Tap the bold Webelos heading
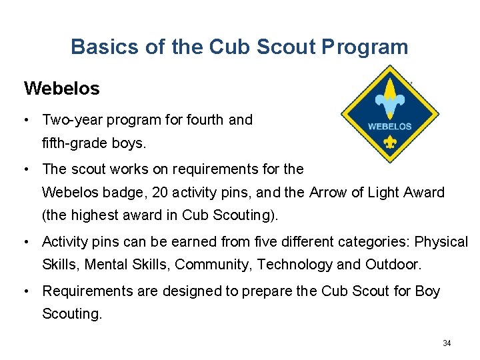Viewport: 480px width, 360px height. [61, 88]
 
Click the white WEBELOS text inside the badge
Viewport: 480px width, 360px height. [390, 126]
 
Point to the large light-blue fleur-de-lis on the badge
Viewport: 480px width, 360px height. [390, 98]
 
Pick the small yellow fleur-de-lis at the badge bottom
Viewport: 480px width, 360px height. [390, 143]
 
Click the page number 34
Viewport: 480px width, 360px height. [447, 343]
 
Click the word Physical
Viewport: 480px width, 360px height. [442, 241]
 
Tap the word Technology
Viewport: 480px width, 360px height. [295, 265]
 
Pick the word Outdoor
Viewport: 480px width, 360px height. [393, 265]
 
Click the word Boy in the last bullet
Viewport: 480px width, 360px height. [427, 291]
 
